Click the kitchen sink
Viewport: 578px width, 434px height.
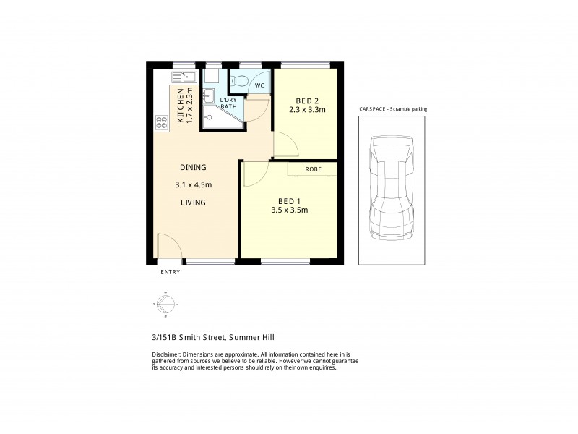[181, 77]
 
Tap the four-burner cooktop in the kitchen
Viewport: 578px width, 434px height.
[161, 123]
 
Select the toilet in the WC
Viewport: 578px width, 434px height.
[242, 80]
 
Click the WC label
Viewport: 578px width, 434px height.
[259, 86]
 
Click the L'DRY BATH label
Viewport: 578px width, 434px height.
[228, 103]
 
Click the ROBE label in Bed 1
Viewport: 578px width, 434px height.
[313, 169]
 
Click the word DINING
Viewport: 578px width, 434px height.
[193, 167]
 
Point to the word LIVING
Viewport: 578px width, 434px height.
[193, 203]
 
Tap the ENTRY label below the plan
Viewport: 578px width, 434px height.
[171, 272]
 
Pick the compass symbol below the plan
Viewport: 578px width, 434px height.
[165, 305]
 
